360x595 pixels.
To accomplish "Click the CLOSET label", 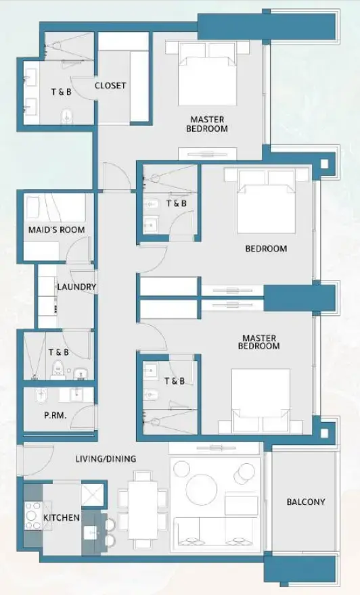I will pos(110,85).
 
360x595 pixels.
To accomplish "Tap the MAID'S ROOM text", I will pos(56,230).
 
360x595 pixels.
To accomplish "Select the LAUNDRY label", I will pos(76,287).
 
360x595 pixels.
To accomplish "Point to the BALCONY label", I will pos(305,502).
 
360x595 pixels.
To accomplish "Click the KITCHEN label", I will pos(62,518).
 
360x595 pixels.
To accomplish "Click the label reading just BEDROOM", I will pos(265,248).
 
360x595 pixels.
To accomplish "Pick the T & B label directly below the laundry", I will pos(58,352).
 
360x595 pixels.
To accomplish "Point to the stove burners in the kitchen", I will pos(32,517).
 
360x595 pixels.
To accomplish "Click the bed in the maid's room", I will pos(55,207).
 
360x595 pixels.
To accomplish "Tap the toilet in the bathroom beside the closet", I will pos(66,115).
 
